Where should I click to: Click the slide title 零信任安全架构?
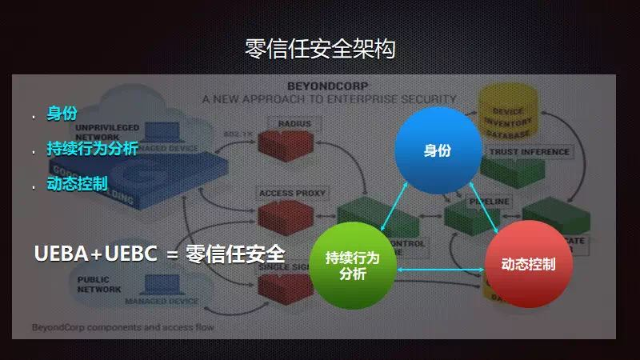320,50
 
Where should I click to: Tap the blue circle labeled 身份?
438,150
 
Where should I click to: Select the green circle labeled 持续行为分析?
352,266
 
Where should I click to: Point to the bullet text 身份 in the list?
62,114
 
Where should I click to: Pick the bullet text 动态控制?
77,184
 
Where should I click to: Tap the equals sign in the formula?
170,254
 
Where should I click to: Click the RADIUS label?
294,123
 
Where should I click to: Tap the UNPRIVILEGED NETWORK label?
107,132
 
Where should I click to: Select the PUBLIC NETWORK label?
98,285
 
